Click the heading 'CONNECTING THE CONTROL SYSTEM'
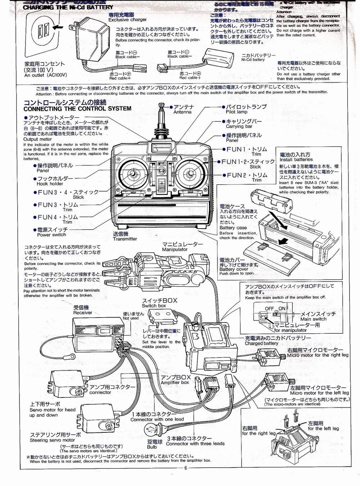[77, 108]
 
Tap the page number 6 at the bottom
[186, 468]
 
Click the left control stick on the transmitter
[133, 175]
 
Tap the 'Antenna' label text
[183, 112]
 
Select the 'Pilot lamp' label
[237, 112]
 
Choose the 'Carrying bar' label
[239, 126]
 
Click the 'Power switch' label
[51, 235]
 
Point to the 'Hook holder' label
[50, 184]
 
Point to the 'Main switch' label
[313, 319]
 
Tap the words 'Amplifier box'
[175, 382]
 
